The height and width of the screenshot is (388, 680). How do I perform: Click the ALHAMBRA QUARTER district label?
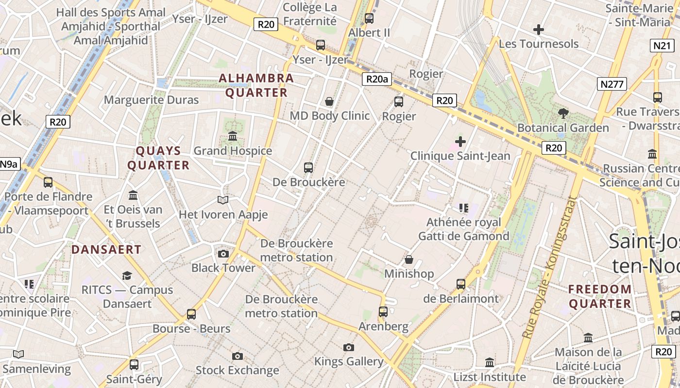tap(256, 85)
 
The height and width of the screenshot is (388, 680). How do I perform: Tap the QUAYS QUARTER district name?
tap(158, 158)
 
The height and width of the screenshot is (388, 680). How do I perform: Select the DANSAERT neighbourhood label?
tap(106, 250)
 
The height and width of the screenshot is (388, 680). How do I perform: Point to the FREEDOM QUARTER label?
tap(600, 296)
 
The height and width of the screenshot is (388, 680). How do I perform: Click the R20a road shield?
tap(376, 79)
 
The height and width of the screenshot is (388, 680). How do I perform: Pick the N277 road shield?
tap(612, 84)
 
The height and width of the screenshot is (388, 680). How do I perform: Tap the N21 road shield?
tap(663, 46)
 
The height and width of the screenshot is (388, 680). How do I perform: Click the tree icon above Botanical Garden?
tap(563, 113)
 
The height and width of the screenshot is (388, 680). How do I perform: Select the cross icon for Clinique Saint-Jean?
tap(460, 142)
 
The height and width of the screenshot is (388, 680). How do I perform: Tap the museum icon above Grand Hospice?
tap(233, 136)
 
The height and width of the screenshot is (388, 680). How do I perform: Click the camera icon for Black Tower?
tap(223, 254)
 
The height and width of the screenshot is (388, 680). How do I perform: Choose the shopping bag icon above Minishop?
tap(409, 259)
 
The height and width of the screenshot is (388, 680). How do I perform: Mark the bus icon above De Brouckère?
tap(308, 168)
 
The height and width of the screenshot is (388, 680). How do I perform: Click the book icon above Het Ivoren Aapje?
tap(223, 200)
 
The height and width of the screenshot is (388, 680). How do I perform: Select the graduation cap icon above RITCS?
tap(127, 275)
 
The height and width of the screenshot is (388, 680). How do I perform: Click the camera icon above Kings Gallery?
tap(348, 347)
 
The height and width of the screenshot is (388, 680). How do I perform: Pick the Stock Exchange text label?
tap(237, 371)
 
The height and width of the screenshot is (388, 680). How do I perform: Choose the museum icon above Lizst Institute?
tap(490, 362)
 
